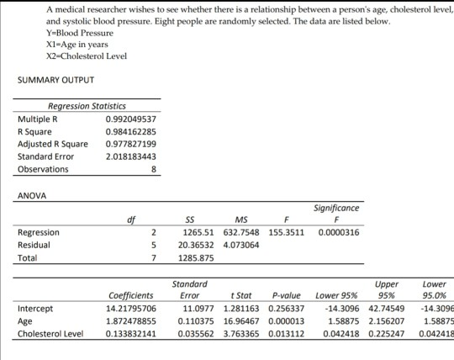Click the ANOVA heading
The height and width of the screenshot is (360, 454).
pyautogui.click(x=31, y=196)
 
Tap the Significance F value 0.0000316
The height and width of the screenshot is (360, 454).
pyautogui.click(x=337, y=233)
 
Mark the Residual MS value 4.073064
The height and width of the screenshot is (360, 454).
pyautogui.click(x=243, y=246)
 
